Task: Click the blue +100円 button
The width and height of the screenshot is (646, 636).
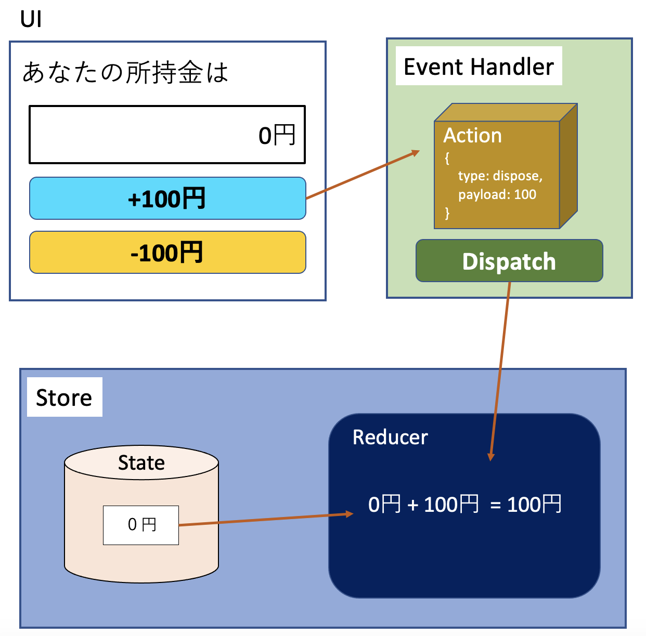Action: [x=167, y=198]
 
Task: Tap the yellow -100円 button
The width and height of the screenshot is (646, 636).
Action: [x=167, y=253]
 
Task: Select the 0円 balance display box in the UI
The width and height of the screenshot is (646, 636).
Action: [x=167, y=135]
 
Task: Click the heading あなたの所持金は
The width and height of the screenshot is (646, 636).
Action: [x=125, y=72]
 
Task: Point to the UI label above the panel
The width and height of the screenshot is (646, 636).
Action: [x=31, y=20]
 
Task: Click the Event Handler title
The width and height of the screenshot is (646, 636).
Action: [x=479, y=67]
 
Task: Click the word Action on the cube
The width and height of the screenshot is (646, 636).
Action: [x=472, y=136]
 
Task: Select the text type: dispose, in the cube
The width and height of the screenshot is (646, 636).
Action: [x=500, y=176]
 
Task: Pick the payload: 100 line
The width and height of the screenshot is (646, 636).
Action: [x=497, y=194]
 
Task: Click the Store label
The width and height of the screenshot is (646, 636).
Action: [x=64, y=398]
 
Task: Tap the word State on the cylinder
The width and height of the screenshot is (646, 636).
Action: [x=141, y=462]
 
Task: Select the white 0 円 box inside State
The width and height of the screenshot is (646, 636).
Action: [x=141, y=525]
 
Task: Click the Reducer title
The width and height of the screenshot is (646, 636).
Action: [x=390, y=437]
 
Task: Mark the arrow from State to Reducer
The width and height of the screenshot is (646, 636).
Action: [x=265, y=519]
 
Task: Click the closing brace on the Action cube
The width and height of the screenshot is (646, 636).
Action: [x=447, y=213]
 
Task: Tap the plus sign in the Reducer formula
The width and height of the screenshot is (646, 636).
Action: [x=412, y=505]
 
